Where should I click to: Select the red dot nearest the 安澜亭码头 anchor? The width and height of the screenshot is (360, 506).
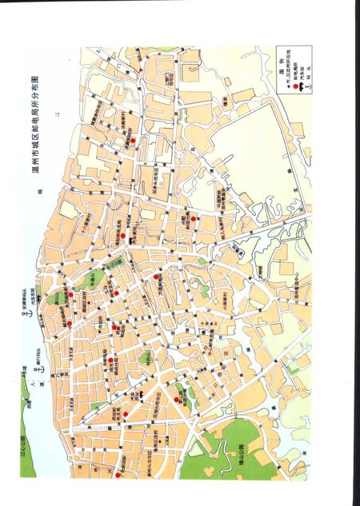click(x=70, y=323)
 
